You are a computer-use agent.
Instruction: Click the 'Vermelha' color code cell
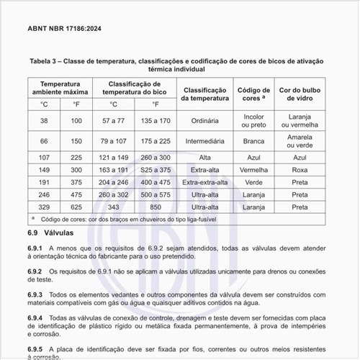253,170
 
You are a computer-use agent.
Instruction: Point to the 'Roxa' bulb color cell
300,170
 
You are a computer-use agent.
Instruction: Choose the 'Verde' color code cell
253,182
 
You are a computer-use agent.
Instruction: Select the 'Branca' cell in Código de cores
253,140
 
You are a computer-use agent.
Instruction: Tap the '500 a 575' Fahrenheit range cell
156,194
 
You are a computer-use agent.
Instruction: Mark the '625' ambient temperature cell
76,207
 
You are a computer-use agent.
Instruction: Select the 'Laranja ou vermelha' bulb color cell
300,120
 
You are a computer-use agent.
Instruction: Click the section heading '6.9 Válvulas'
51,234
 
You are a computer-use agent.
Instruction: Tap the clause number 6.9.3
36,294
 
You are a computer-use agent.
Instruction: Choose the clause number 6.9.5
36,349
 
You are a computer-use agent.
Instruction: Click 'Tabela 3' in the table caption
44,62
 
